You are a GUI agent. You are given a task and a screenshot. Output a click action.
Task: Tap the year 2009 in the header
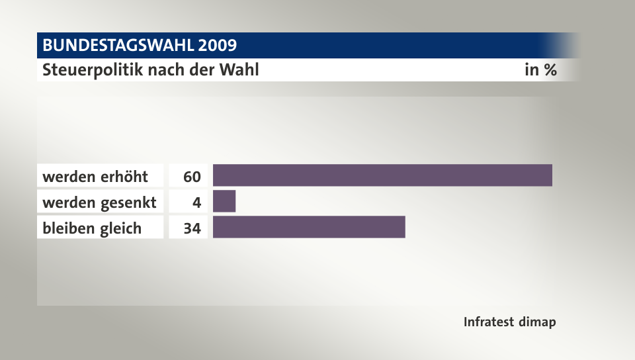pos(216,46)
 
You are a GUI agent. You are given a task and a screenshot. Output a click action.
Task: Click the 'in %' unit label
pos(540,70)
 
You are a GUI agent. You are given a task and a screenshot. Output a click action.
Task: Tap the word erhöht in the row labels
pos(124,177)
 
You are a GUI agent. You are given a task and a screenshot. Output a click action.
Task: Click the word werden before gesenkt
pos(69,202)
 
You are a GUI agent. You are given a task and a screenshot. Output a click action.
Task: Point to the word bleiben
pos(68,228)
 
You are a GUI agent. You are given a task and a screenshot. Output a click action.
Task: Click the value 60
pos(192,177)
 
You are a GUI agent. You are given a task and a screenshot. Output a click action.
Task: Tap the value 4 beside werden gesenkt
pos(196,202)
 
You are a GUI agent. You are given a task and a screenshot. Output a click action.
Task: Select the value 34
pos(192,228)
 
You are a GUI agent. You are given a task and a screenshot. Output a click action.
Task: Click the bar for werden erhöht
pos(382,175)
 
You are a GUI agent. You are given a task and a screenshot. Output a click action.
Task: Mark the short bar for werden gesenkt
pos(224,201)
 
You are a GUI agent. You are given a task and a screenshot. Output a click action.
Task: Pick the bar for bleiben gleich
pos(309,227)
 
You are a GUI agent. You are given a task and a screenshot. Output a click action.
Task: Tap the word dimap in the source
pos(538,322)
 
